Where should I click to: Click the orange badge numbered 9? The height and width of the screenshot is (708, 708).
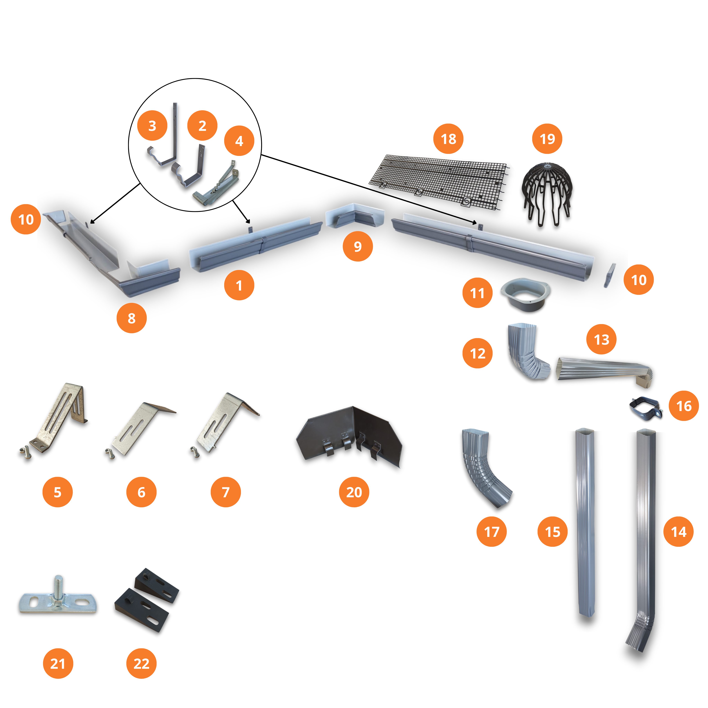(x=358, y=246)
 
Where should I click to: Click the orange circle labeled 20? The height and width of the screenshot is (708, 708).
(x=354, y=492)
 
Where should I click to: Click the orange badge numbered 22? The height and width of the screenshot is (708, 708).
(x=141, y=664)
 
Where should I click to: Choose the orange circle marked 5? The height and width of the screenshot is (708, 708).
(x=58, y=492)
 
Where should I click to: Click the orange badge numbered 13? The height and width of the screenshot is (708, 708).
(x=601, y=339)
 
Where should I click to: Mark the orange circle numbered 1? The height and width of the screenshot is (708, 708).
(x=239, y=286)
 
